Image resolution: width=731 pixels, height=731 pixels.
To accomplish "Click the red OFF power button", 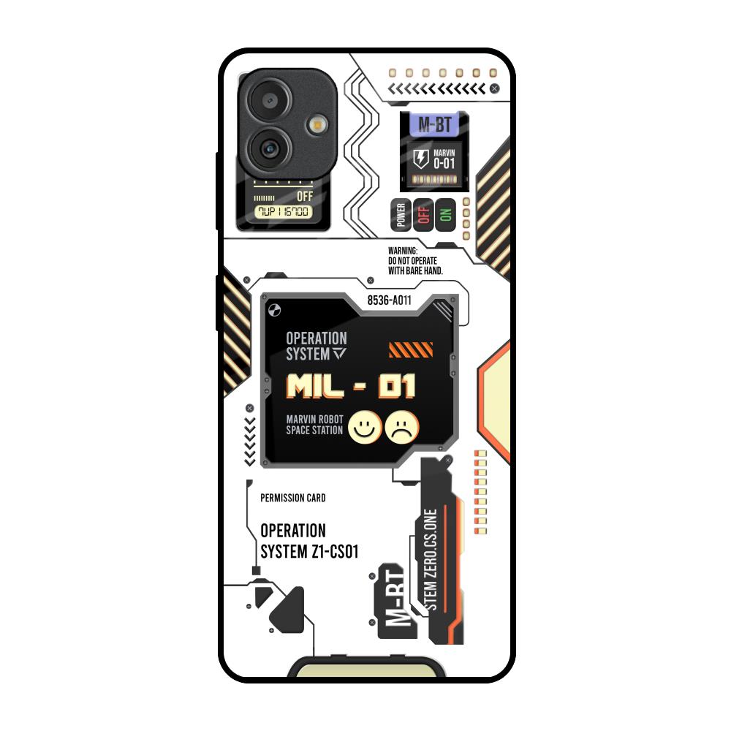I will coord(423,214).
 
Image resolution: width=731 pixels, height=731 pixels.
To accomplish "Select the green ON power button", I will coord(444,214).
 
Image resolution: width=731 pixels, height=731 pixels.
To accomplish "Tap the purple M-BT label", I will coord(434,125).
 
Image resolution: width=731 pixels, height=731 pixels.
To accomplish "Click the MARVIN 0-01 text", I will coord(444,160).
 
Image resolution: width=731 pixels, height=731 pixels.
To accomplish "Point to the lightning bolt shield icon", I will coord(421,159).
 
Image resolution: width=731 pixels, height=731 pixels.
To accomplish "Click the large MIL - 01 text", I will coord(351,386).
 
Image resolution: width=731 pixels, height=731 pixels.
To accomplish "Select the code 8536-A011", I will coord(390,300).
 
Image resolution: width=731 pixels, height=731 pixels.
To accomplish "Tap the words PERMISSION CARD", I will coord(293,498).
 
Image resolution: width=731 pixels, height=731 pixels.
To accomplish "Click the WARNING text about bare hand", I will coord(415,260).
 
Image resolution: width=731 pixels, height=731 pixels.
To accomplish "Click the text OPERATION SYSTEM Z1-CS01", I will coord(308,541).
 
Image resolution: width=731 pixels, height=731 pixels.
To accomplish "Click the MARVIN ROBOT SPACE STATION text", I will coord(314,425).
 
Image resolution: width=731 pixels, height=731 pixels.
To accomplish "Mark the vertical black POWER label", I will coord(401,215).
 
